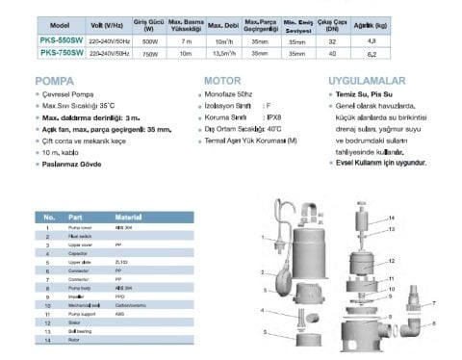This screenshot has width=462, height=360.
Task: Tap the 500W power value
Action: pos(150,41)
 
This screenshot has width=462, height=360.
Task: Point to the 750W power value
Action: pos(150,55)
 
